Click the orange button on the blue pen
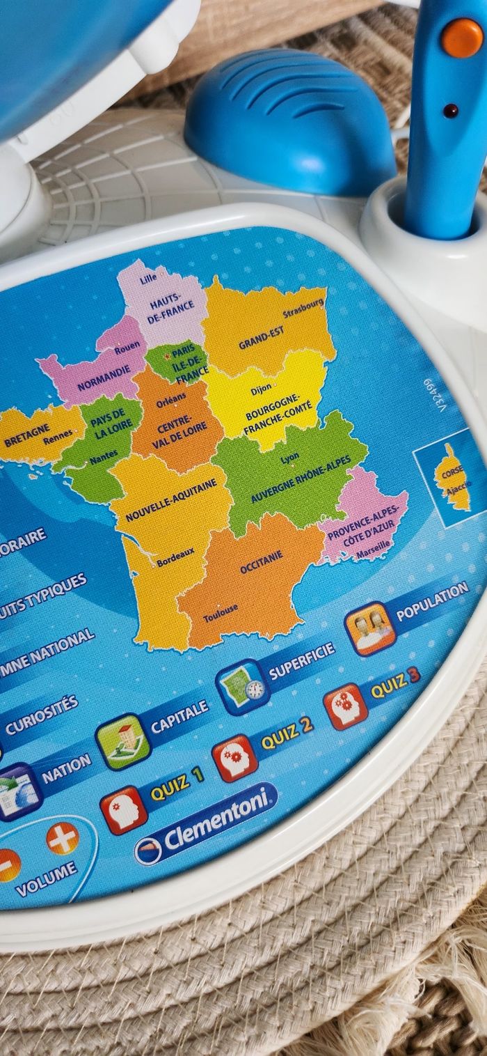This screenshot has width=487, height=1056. (x=462, y=38)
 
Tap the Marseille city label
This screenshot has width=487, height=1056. (x=373, y=551)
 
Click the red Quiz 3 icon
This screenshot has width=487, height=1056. (x=346, y=706)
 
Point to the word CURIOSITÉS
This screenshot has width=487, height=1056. (x=42, y=715)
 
